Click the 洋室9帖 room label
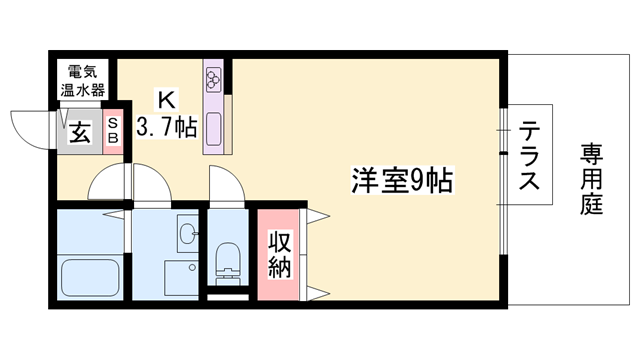tap(402, 180)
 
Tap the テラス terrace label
tap(532, 157)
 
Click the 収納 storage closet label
tap(278, 254)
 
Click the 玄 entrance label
tap(80, 132)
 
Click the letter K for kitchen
tap(166, 101)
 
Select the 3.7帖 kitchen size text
tap(166, 129)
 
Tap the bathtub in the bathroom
tap(91, 275)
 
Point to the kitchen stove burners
tap(214, 78)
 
